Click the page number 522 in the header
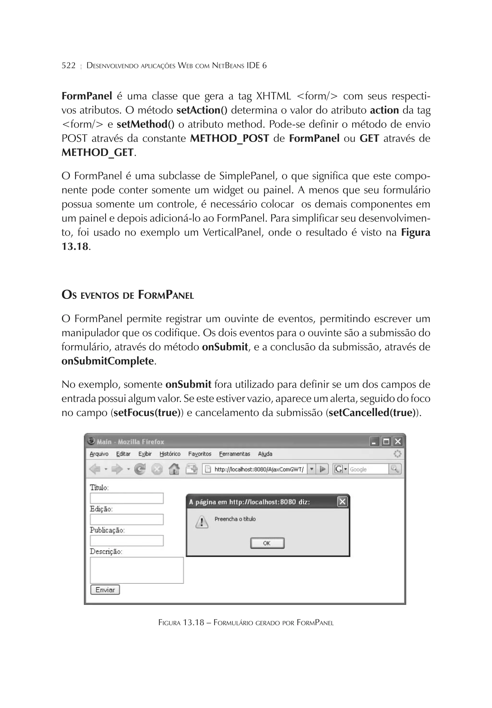point(68,65)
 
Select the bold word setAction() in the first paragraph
point(202,110)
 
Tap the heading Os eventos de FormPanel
point(128,295)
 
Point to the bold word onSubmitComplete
point(108,361)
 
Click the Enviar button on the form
point(105,590)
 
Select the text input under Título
point(127,498)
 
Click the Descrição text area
point(136,570)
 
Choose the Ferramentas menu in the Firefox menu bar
point(234,454)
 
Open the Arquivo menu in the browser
point(99,454)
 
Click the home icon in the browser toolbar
point(174,469)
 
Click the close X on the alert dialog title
point(342,502)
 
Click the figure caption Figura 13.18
point(246,623)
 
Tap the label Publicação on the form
point(107,530)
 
